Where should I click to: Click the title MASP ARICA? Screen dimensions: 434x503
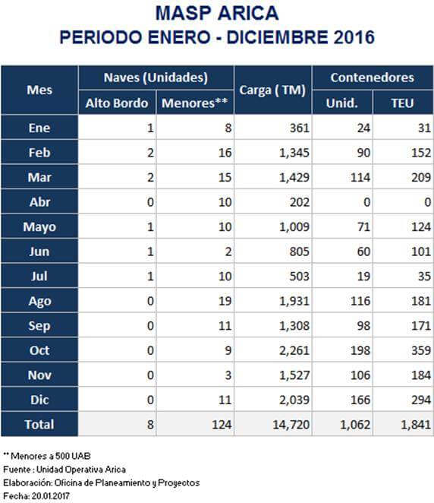click(x=217, y=13)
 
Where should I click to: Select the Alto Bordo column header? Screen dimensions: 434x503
click(x=117, y=103)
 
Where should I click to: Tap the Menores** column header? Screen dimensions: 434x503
click(x=195, y=103)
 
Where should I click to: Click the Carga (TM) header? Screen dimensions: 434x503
click(x=272, y=90)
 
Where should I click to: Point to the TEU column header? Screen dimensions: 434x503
click(x=403, y=103)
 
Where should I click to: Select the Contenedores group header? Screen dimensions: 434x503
click(x=373, y=78)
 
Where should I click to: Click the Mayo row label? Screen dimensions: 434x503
click(x=39, y=227)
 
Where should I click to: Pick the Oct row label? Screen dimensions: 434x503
click(x=39, y=350)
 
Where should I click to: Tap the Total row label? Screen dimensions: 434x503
click(x=39, y=425)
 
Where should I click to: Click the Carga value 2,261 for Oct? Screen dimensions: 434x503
click(x=294, y=350)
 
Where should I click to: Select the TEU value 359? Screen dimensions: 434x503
click(x=421, y=350)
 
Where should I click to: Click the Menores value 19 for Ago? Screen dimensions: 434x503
click(x=225, y=301)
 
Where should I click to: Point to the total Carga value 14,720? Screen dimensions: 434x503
click(x=291, y=425)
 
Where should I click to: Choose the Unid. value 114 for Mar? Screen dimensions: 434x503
click(x=360, y=177)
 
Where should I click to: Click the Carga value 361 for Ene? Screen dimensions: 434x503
click(x=300, y=128)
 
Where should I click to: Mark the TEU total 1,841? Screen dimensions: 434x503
click(x=416, y=425)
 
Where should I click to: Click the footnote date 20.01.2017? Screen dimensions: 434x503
click(x=51, y=496)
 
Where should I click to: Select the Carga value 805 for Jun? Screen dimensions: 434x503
click(x=300, y=251)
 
